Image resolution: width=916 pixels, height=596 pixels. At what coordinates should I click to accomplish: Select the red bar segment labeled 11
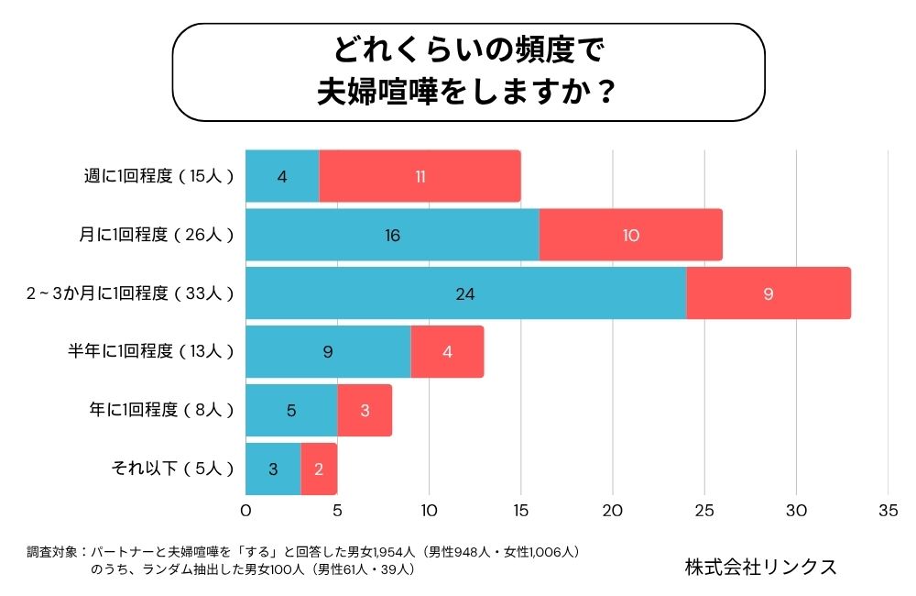click(420, 176)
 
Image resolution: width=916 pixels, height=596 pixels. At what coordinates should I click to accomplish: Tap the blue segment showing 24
click(465, 293)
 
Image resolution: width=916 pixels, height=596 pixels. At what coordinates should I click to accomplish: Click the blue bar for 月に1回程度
click(392, 235)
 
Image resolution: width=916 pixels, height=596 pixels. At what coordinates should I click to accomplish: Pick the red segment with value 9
click(769, 293)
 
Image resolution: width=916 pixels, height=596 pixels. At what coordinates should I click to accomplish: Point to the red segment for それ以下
click(319, 469)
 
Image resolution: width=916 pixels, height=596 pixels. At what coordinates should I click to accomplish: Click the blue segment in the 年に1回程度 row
click(291, 411)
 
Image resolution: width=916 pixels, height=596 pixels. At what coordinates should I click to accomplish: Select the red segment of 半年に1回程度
click(447, 352)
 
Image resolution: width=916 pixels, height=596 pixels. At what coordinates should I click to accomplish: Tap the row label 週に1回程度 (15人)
click(158, 176)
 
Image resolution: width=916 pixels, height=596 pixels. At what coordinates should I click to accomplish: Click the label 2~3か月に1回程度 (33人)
click(130, 293)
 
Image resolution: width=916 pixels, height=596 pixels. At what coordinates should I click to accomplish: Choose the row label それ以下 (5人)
click(172, 469)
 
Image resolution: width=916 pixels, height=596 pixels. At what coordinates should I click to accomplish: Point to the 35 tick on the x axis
click(887, 510)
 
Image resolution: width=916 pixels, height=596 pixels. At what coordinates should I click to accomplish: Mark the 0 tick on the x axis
click(245, 510)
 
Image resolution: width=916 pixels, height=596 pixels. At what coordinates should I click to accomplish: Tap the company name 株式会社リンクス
click(760, 567)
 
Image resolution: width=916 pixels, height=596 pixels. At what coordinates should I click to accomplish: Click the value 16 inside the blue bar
click(392, 235)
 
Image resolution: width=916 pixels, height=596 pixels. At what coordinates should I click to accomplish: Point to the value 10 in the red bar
click(630, 235)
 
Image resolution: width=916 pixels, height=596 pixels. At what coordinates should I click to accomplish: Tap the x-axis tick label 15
click(520, 510)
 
